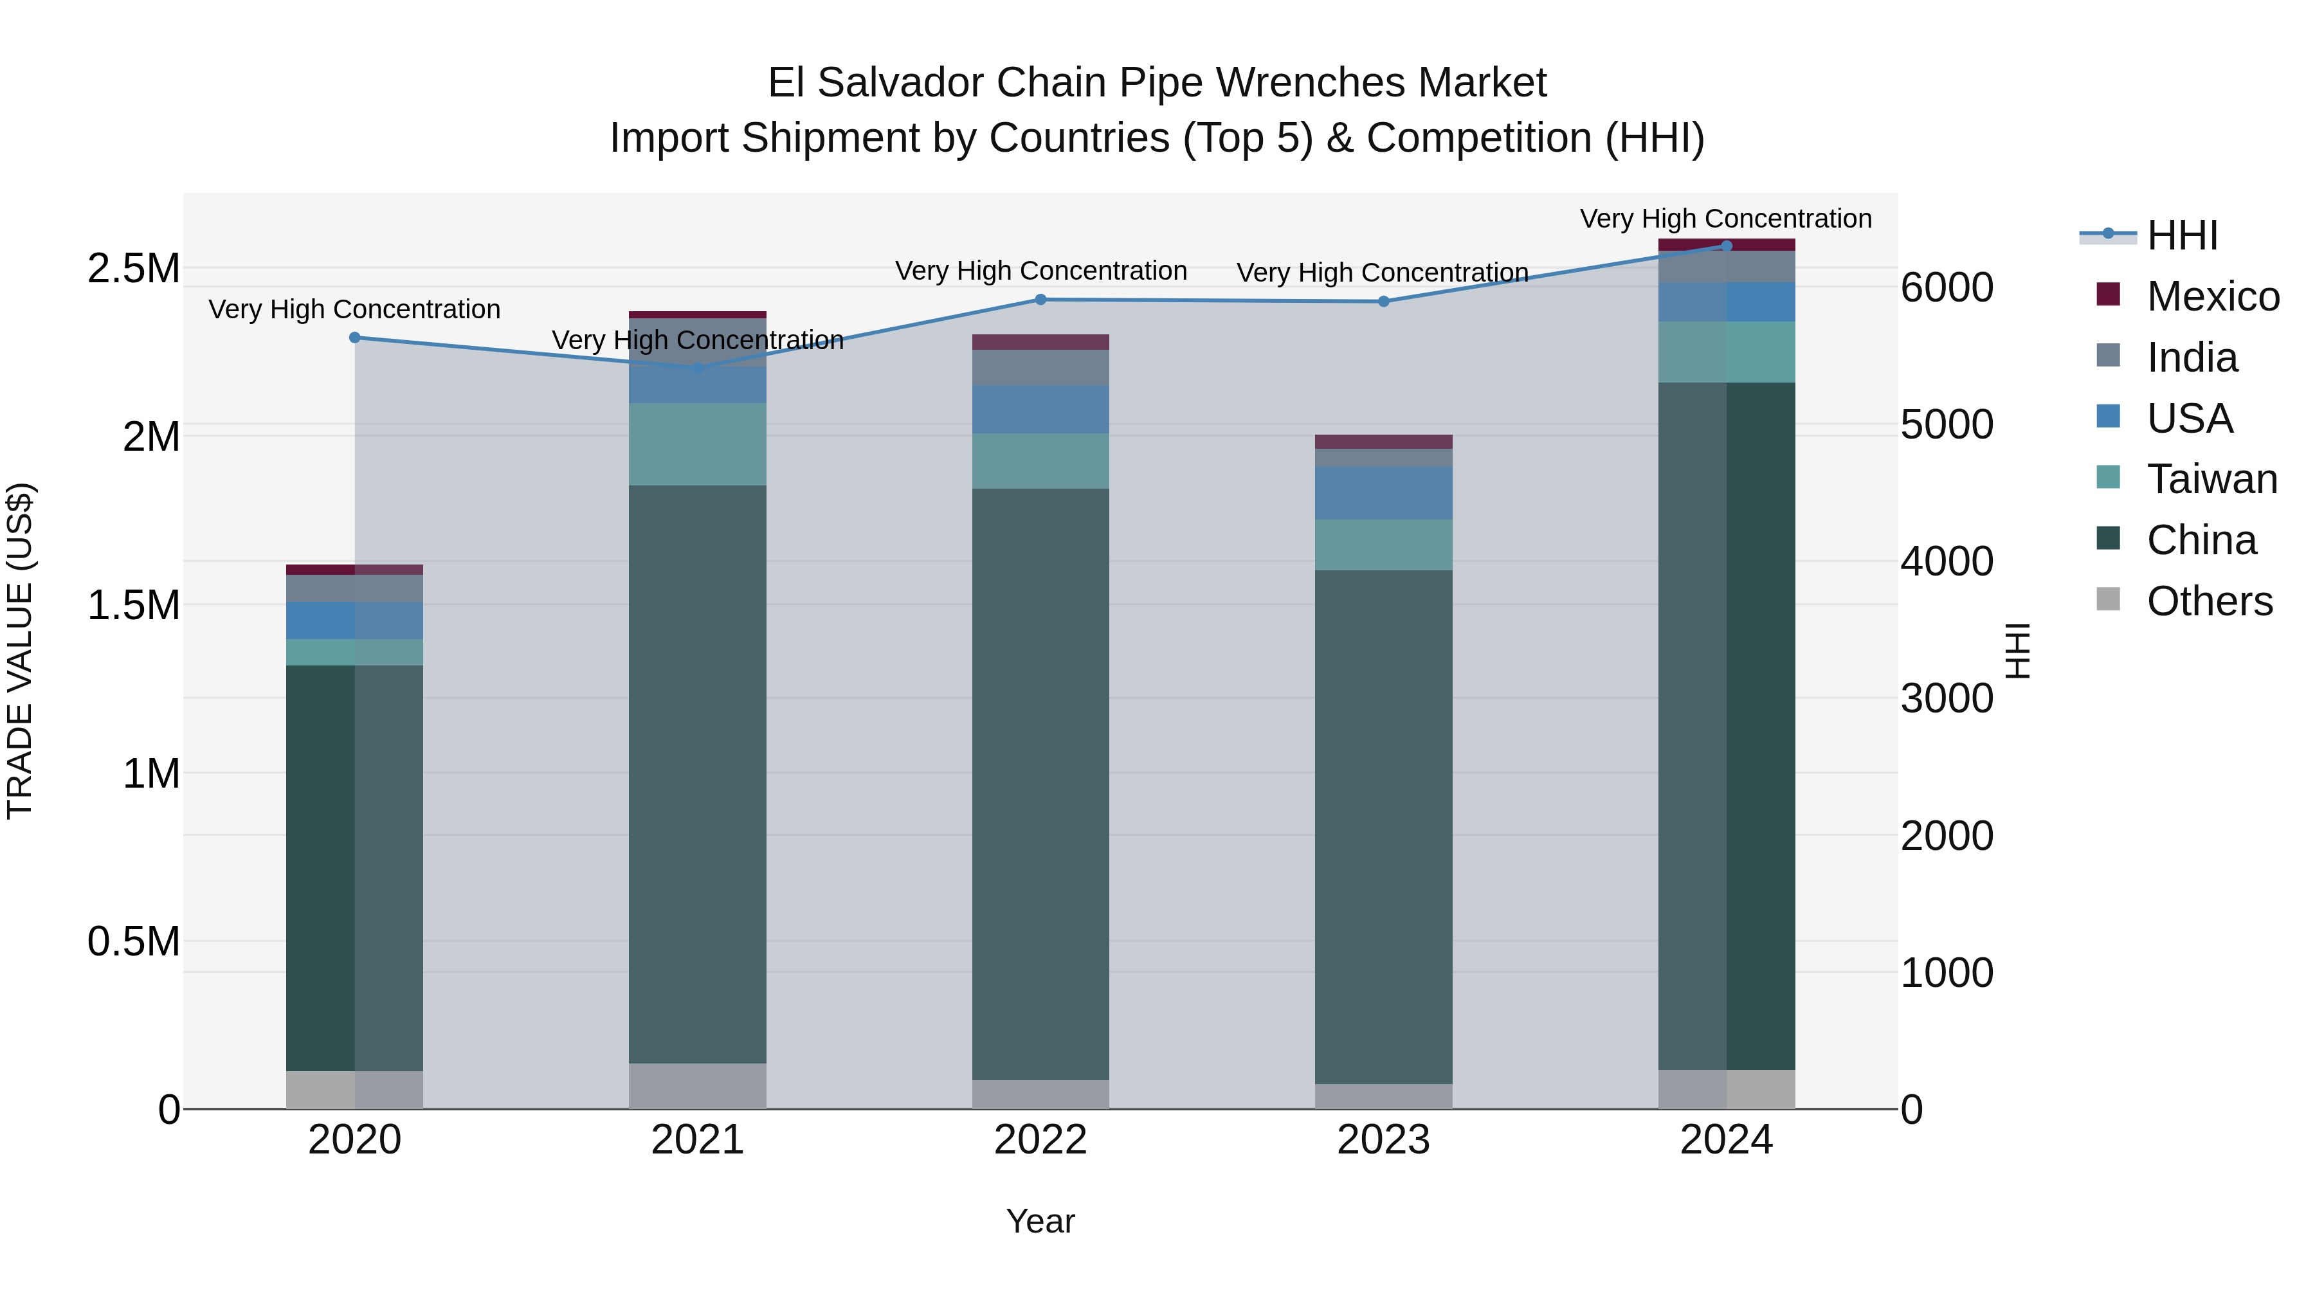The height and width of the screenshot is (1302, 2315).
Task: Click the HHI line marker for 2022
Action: click(x=1040, y=299)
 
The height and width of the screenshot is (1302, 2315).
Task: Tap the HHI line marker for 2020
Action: click(x=355, y=338)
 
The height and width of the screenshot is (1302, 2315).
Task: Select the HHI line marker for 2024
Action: click(x=1727, y=246)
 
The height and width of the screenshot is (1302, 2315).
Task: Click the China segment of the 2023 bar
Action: click(x=1383, y=827)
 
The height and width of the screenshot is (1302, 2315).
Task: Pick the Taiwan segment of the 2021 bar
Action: click(x=697, y=444)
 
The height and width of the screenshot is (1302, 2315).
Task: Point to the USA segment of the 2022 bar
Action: click(x=1040, y=410)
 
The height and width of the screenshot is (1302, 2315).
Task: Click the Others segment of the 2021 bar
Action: click(x=697, y=1087)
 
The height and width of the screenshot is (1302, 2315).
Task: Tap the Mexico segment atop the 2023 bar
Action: click(x=1383, y=441)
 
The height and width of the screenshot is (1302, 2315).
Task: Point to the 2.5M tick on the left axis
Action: click(x=134, y=267)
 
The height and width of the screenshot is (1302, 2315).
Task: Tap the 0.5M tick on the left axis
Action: click(x=134, y=941)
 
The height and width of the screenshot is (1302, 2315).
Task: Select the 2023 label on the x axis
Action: click(x=1383, y=1140)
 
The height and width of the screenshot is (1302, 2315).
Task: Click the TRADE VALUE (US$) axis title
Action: click(x=20, y=651)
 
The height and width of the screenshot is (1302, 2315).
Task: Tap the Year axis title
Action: click(x=1040, y=1221)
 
